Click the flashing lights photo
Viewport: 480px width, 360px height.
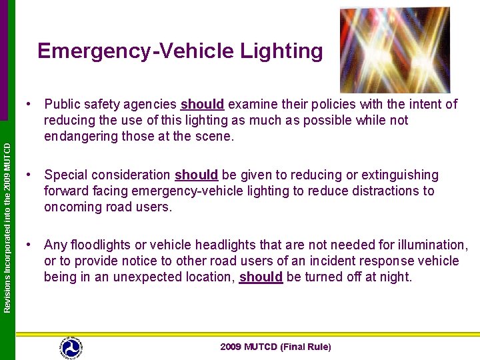coord(394,50)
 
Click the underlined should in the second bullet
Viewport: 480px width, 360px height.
coord(196,175)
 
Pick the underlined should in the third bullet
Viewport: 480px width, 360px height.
coord(261,276)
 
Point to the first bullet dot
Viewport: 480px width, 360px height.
coord(29,104)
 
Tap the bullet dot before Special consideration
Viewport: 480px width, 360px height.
coord(29,175)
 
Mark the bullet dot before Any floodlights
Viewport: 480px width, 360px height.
coord(29,245)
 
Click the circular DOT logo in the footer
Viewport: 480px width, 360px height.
coord(71,347)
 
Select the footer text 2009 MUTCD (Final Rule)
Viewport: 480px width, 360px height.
coord(275,347)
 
